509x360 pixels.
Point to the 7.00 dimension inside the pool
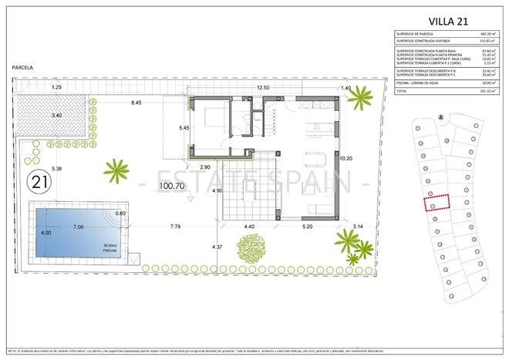click(x=79, y=228)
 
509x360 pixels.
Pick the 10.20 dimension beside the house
click(x=346, y=159)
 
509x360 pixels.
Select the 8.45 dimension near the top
click(x=137, y=103)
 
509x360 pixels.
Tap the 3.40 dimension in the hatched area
click(x=56, y=115)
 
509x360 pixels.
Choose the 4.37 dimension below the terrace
click(x=217, y=247)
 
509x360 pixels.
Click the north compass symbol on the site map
click(x=440, y=117)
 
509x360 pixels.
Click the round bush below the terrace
click(x=251, y=250)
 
